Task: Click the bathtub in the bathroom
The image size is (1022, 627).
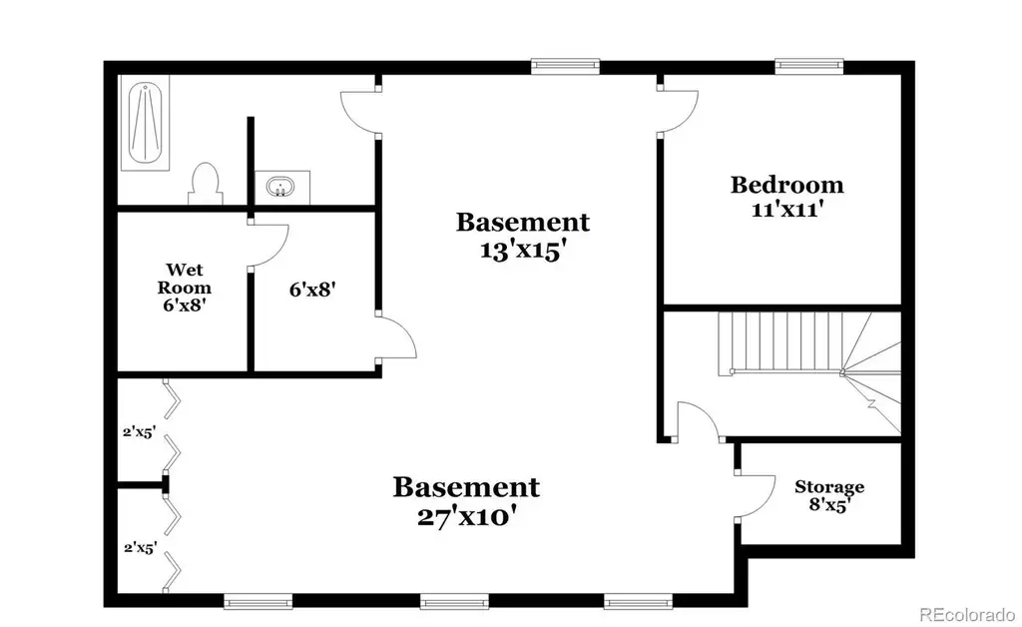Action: click(x=145, y=123)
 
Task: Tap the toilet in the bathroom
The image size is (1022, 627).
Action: click(x=206, y=184)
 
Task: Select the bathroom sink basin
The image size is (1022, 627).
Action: click(x=280, y=187)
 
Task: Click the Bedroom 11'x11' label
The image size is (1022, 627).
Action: click(x=786, y=196)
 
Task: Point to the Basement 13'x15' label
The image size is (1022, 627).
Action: click(x=523, y=236)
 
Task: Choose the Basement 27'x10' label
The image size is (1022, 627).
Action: click(x=466, y=500)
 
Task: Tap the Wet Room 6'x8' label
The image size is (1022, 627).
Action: click(x=185, y=287)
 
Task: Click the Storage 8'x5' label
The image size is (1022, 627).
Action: click(x=829, y=496)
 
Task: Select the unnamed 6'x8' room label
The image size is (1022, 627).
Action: click(x=312, y=289)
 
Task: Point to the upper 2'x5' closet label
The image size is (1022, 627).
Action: click(x=139, y=431)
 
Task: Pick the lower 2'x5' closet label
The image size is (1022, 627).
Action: click(x=140, y=547)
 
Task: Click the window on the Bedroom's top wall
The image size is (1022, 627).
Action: click(x=808, y=66)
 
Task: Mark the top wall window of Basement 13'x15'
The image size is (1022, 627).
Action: click(x=565, y=66)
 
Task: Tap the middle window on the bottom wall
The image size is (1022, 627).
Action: click(x=454, y=601)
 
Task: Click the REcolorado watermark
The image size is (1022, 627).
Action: click(x=967, y=614)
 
